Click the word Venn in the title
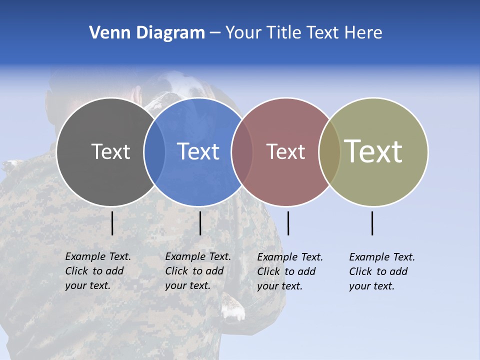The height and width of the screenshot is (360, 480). point(106,33)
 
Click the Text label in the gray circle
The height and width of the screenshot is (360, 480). point(110,151)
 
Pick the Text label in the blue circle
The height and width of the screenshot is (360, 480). point(198,151)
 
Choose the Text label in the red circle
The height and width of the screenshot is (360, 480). point(285,151)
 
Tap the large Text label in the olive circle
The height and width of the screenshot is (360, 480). point(373,151)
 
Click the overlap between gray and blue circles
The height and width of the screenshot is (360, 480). point(154,151)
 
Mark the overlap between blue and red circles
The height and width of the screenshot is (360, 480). point(242,151)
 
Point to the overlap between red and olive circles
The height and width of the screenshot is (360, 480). point(329,151)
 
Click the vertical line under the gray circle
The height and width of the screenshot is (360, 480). point(112,223)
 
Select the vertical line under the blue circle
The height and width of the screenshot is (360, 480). point(200,223)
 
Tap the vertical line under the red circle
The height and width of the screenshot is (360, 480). point(288,223)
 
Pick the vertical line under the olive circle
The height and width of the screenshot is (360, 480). point(372,223)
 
